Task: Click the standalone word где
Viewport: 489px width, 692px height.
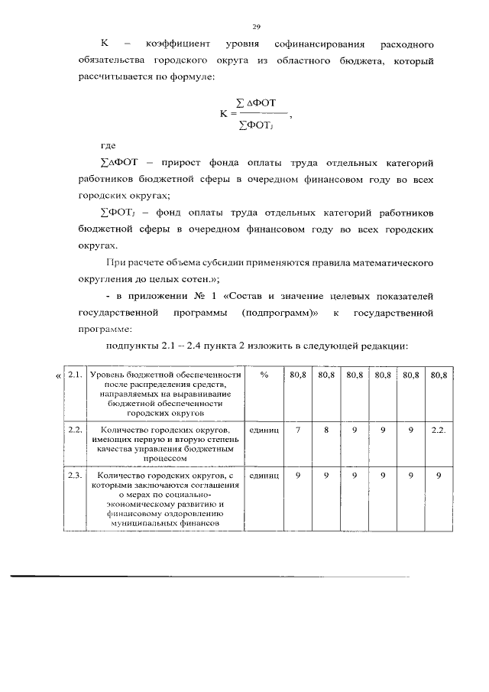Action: (110, 146)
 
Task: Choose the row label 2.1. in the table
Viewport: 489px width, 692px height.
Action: (75, 375)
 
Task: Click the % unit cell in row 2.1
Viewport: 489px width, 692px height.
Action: (264, 375)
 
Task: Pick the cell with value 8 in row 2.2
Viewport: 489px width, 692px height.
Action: (326, 430)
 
